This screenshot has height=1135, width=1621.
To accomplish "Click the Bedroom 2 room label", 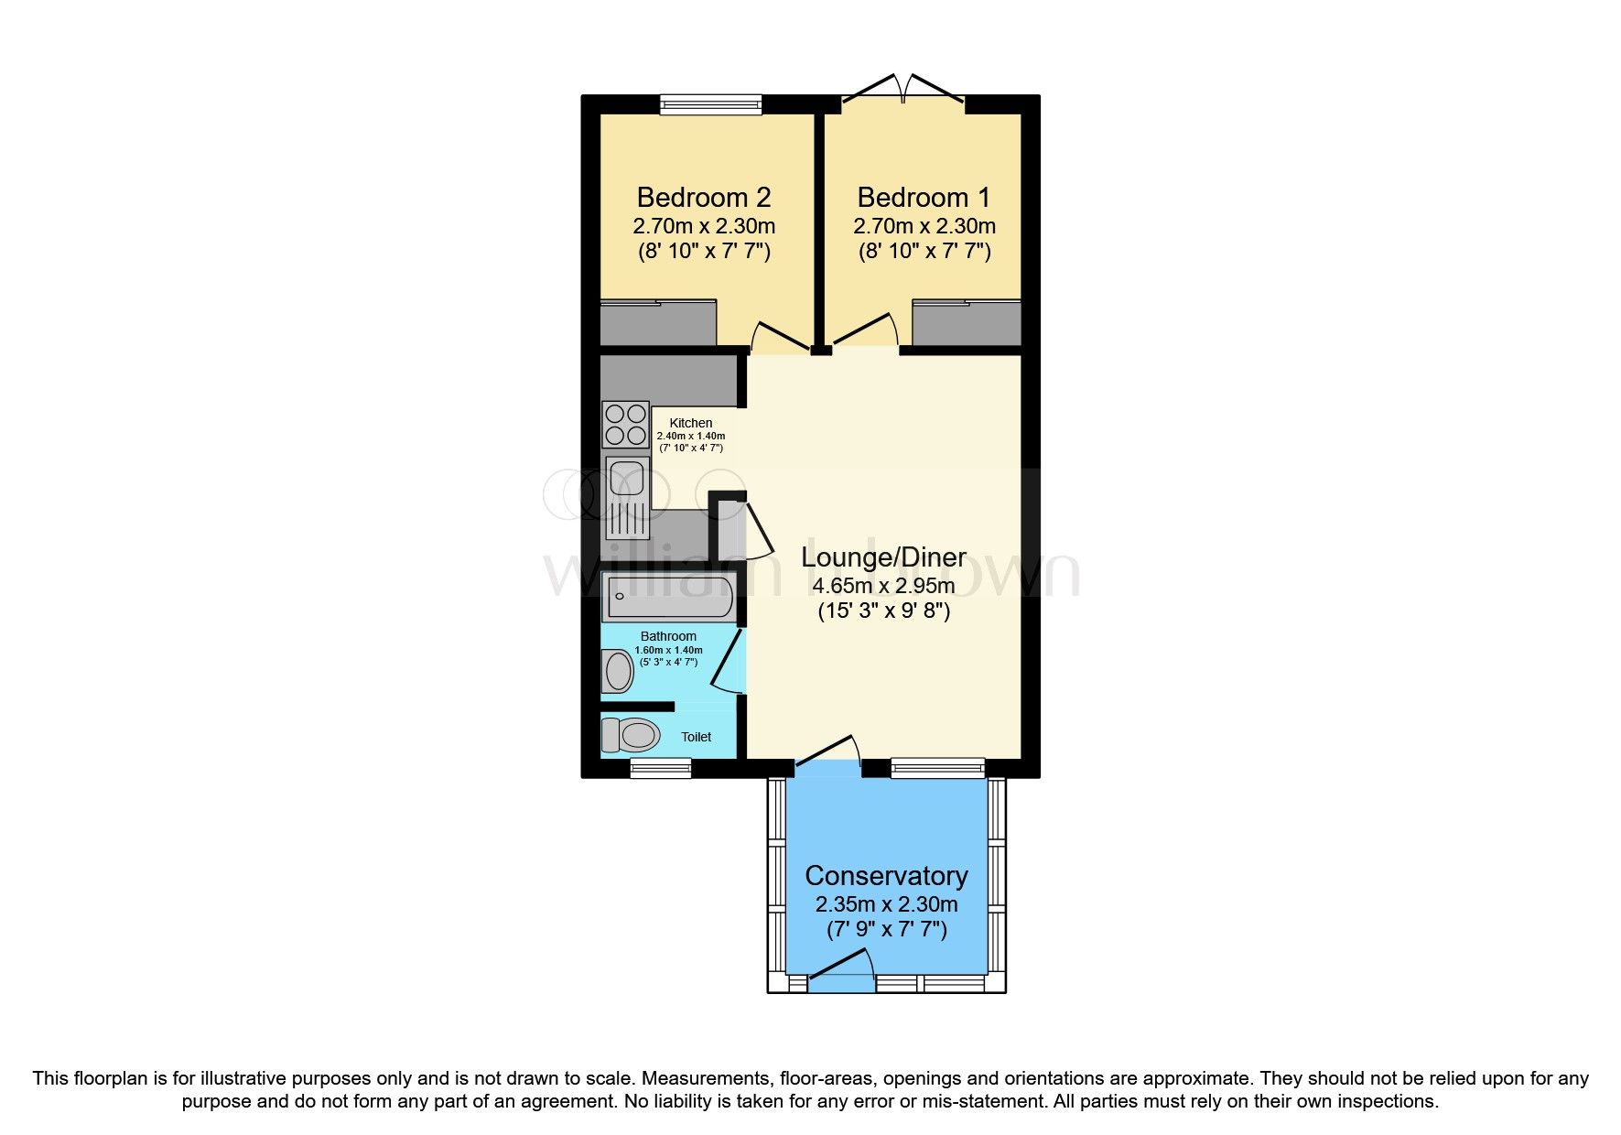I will pyautogui.click(x=703, y=198).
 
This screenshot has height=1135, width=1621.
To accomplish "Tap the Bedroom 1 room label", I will pyautogui.click(x=924, y=198).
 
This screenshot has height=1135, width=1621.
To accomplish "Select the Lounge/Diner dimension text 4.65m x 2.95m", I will pyautogui.click(x=883, y=586).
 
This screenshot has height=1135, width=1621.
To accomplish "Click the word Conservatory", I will pyautogui.click(x=886, y=876).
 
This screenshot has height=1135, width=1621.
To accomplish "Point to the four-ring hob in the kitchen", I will pyautogui.click(x=625, y=425).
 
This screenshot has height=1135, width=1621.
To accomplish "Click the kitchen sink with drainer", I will pyautogui.click(x=627, y=500).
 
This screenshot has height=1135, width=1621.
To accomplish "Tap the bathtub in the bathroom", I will pyautogui.click(x=669, y=597).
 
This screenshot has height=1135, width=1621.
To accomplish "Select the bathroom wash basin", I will pyautogui.click(x=619, y=671).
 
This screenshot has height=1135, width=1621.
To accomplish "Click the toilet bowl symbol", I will pyautogui.click(x=631, y=735).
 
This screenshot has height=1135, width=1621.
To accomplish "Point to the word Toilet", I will pyautogui.click(x=696, y=737).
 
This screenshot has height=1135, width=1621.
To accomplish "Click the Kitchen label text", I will pyautogui.click(x=691, y=423).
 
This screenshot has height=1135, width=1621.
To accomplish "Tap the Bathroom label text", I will pyautogui.click(x=668, y=636).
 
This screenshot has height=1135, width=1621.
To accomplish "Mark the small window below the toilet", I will pyautogui.click(x=660, y=768).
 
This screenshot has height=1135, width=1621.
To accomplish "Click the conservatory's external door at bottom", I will pyautogui.click(x=840, y=972).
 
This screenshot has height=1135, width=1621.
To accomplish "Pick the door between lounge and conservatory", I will pyautogui.click(x=828, y=752).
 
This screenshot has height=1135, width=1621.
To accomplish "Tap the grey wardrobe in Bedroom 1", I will pyautogui.click(x=967, y=323).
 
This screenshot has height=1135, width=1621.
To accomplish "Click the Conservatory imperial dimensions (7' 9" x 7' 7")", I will pyautogui.click(x=886, y=931).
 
